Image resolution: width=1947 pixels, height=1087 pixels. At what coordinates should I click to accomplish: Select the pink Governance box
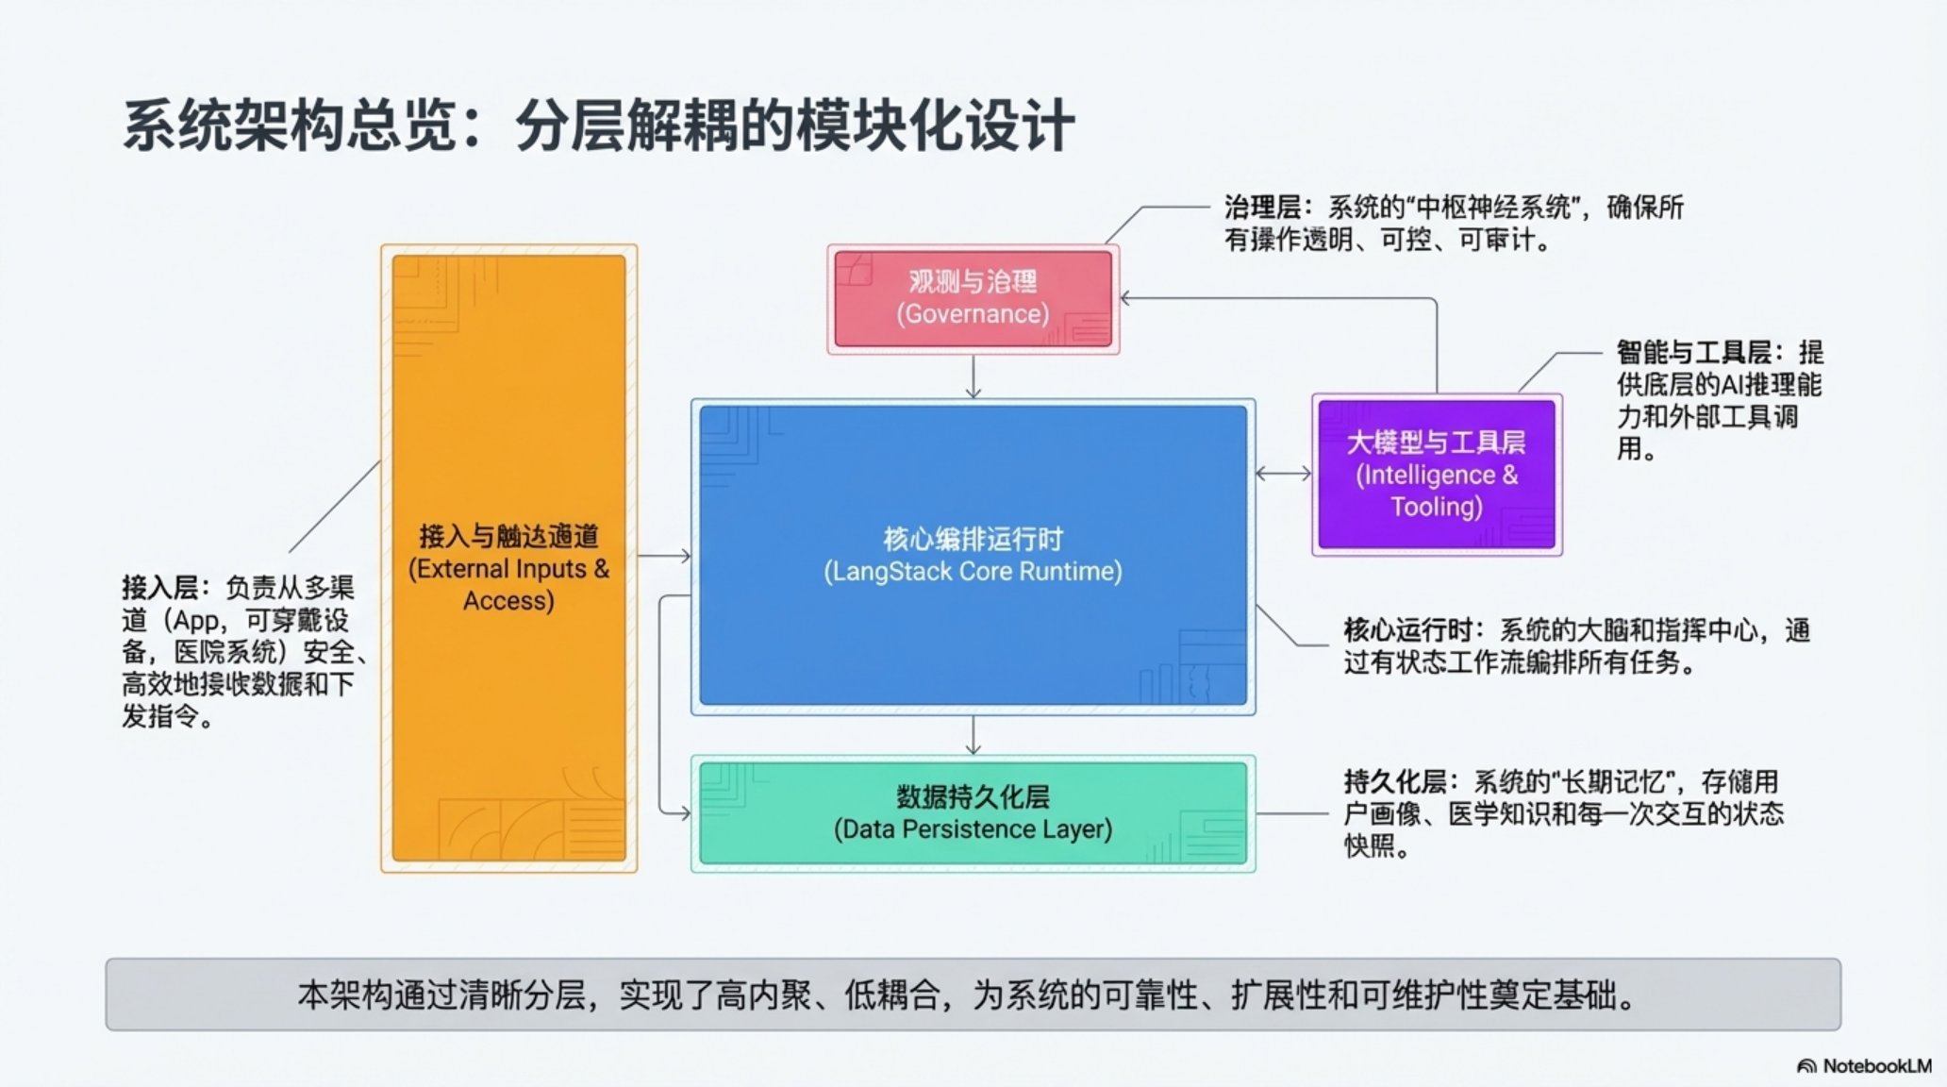pyautogui.click(x=973, y=298)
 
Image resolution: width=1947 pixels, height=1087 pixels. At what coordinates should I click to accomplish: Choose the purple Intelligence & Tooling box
pyautogui.click(x=1436, y=474)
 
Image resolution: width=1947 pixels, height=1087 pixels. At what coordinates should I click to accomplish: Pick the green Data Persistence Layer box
pyautogui.click(x=973, y=813)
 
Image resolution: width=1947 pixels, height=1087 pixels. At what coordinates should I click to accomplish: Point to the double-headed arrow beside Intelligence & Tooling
pyautogui.click(x=1283, y=474)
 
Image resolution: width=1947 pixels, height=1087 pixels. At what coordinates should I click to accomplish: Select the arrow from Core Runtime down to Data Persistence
pyautogui.click(x=973, y=736)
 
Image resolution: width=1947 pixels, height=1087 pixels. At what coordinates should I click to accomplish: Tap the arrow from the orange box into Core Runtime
pyautogui.click(x=664, y=557)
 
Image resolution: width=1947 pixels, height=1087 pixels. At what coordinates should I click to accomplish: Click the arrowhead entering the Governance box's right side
pyautogui.click(x=1126, y=299)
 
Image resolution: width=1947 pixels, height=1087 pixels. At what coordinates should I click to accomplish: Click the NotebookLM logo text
pyautogui.click(x=1876, y=1066)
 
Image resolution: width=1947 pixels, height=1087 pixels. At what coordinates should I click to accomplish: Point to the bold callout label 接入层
pyautogui.click(x=159, y=588)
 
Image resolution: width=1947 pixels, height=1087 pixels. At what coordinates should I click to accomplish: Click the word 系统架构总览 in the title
pyautogui.click(x=290, y=126)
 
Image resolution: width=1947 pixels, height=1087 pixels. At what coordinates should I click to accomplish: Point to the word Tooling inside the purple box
pyautogui.click(x=1436, y=508)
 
